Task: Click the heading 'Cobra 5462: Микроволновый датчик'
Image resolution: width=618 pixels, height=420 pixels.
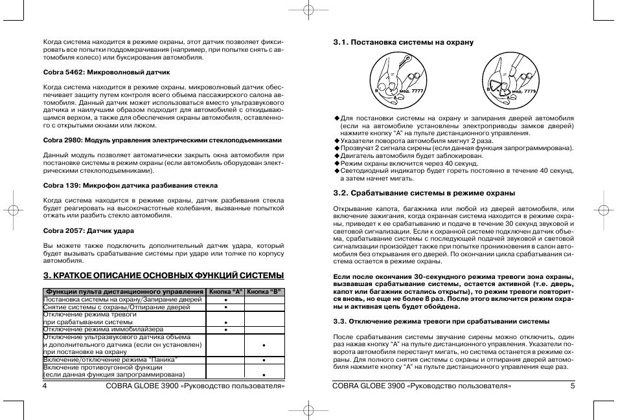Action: pyautogui.click(x=106, y=72)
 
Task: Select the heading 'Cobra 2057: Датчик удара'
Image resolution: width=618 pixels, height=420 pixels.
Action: pyautogui.click(x=87, y=230)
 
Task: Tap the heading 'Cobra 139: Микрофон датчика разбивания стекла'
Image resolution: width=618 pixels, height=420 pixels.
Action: pyautogui.click(x=130, y=185)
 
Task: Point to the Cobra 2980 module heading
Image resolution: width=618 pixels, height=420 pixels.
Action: pyautogui.click(x=163, y=140)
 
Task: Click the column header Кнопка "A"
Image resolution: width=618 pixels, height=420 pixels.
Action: pyautogui.click(x=225, y=292)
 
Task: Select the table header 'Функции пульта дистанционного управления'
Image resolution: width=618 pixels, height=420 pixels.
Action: pyautogui.click(x=124, y=292)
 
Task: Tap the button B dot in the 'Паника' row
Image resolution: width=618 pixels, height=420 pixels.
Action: pyautogui.click(x=264, y=360)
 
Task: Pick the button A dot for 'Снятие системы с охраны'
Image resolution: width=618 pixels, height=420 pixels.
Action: pyautogui.click(x=225, y=308)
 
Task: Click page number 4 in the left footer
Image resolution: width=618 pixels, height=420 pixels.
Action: pyautogui.click(x=45, y=386)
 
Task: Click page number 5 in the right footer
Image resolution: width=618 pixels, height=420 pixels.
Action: pyautogui.click(x=573, y=386)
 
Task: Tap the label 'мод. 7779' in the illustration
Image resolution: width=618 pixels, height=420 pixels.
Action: pyautogui.click(x=525, y=91)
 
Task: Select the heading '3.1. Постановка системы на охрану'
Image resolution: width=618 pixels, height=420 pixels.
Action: pyautogui.click(x=403, y=42)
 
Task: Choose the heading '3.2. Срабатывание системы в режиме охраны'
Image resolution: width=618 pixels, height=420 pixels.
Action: pyautogui.click(x=424, y=193)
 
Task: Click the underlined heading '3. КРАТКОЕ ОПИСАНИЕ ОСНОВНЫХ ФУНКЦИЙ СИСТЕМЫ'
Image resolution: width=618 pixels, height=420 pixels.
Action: pyautogui.click(x=164, y=275)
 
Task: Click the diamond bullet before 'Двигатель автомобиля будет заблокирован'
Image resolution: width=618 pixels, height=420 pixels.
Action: pyautogui.click(x=337, y=156)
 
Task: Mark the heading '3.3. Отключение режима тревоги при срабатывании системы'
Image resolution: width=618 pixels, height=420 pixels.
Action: pyautogui.click(x=441, y=321)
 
